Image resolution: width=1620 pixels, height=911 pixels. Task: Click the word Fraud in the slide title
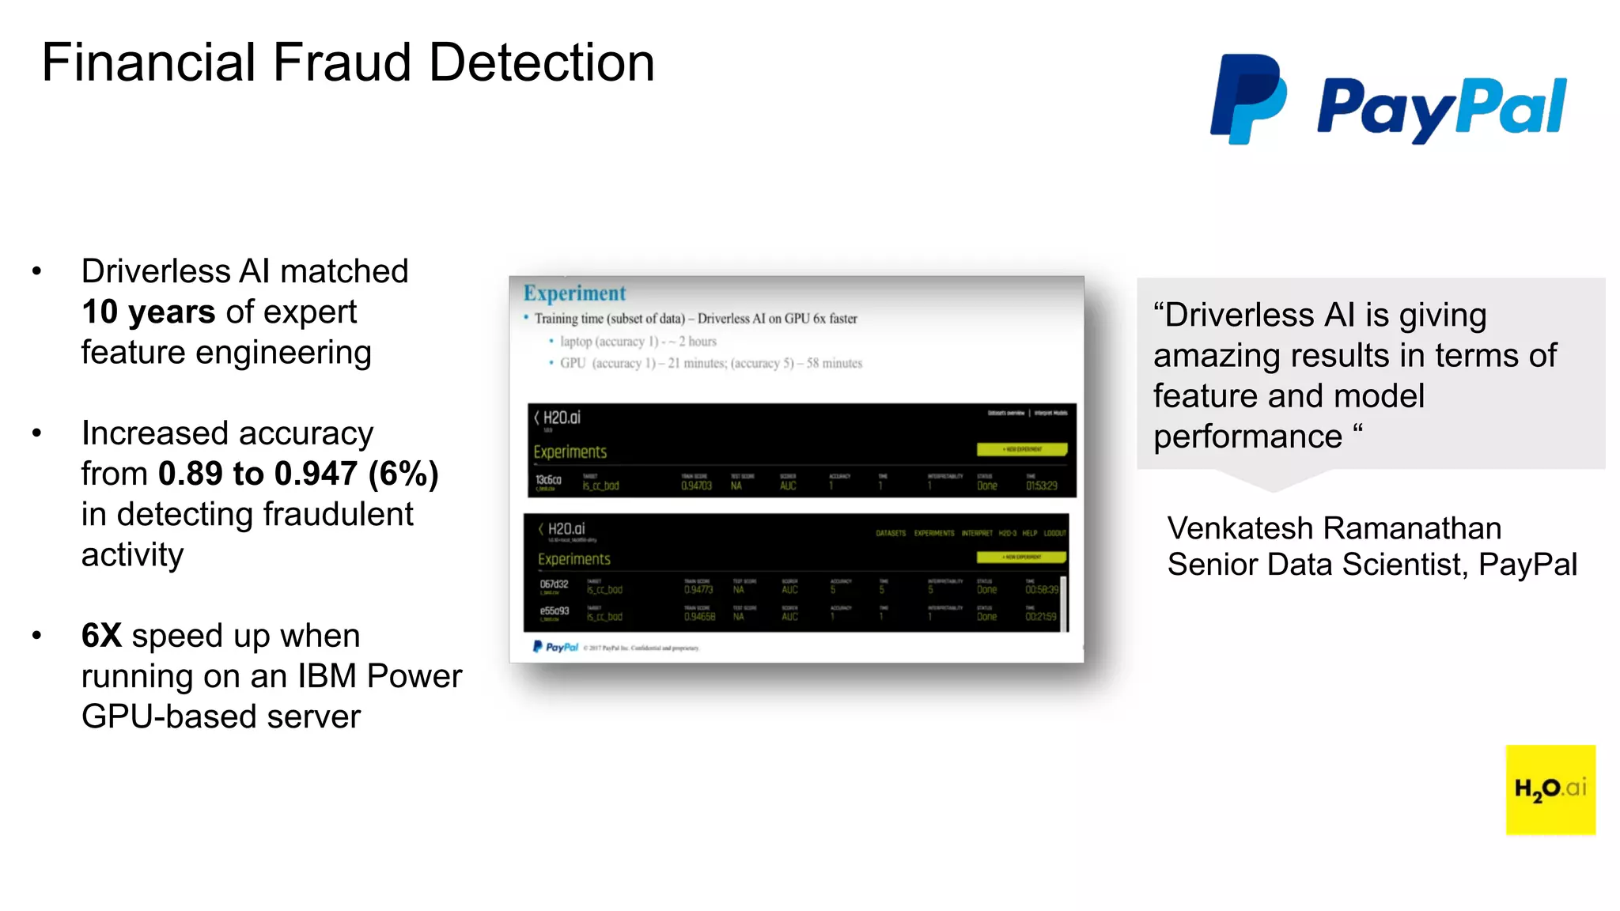pos(342,63)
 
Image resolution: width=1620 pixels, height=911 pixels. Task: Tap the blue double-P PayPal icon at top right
pos(1247,99)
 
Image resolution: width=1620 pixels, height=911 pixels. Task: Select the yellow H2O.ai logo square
pos(1550,789)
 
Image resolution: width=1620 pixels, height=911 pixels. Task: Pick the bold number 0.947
pos(316,474)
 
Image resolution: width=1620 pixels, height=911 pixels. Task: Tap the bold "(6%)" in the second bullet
pos(403,474)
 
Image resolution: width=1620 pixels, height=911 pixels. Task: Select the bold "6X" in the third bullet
pos(101,636)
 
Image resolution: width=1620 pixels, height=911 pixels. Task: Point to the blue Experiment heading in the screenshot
pos(574,293)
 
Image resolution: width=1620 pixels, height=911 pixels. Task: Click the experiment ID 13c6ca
pos(548,480)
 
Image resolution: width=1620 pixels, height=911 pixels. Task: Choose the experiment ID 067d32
pos(554,584)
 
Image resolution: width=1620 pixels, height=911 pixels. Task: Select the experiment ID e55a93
pos(554,611)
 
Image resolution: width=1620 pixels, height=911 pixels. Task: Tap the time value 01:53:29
pos(1041,486)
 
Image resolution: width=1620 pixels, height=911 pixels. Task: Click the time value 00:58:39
pos(1041,590)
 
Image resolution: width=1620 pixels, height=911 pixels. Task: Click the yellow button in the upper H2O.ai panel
pos(1021,449)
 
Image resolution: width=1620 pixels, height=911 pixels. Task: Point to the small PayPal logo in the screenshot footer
pos(556,647)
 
